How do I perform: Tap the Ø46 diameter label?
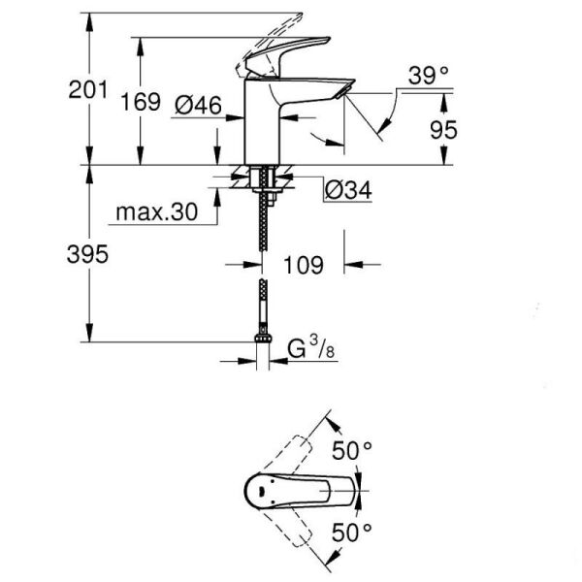[x=196, y=107]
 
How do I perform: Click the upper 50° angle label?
[x=354, y=450]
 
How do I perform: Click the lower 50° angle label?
[x=354, y=533]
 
